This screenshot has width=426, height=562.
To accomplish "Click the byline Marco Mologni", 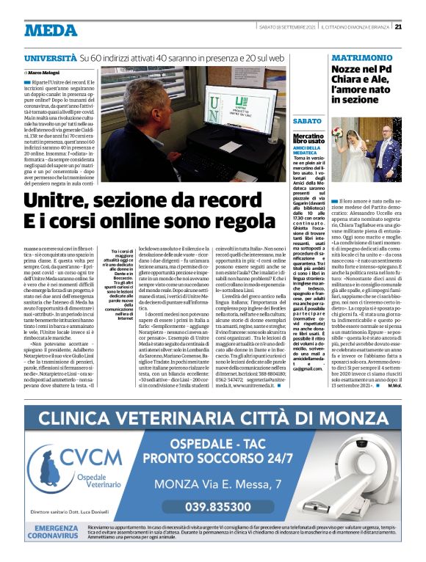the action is point(46,73).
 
